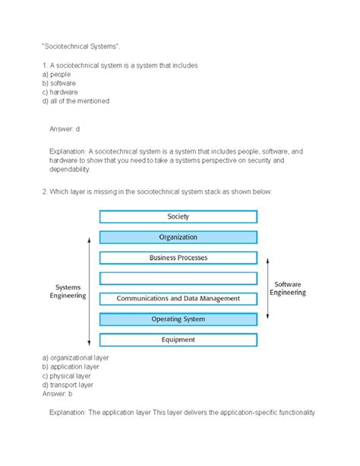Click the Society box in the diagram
tap(178, 217)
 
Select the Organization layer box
tap(178, 237)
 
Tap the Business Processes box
tap(178, 258)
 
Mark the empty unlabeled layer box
tap(178, 278)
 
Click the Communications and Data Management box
tap(178, 299)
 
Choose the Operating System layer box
tap(178, 319)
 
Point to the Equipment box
tap(178, 340)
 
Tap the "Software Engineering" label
tap(289, 288)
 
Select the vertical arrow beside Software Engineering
tap(267, 288)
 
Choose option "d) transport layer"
tap(70, 385)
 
